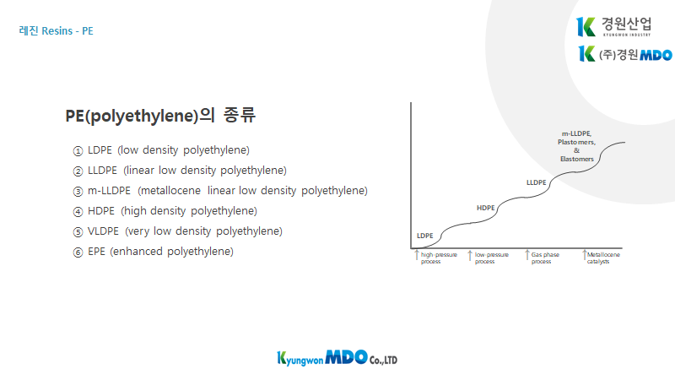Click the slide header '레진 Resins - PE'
pyautogui.click(x=56, y=31)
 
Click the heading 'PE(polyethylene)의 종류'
pyautogui.click(x=160, y=115)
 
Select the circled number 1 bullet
pyautogui.click(x=78, y=151)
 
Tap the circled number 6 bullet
pyautogui.click(x=78, y=252)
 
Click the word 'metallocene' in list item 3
pyautogui.click(x=171, y=191)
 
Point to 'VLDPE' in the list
pyautogui.click(x=103, y=231)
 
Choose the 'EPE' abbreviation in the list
pyautogui.click(x=96, y=252)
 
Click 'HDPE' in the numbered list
pyautogui.click(x=101, y=211)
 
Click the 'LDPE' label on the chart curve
pyautogui.click(x=425, y=236)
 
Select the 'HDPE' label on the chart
pyautogui.click(x=486, y=208)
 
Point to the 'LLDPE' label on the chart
pyautogui.click(x=537, y=182)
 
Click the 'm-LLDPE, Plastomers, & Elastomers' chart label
pyautogui.click(x=577, y=146)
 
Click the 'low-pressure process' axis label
pyautogui.click(x=492, y=258)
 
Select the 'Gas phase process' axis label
pyautogui.click(x=545, y=258)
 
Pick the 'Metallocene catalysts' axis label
pyautogui.click(x=603, y=258)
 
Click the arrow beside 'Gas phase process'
pyautogui.click(x=526, y=255)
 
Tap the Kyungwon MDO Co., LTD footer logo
pyautogui.click(x=337, y=358)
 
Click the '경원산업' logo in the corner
pyautogui.click(x=614, y=27)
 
